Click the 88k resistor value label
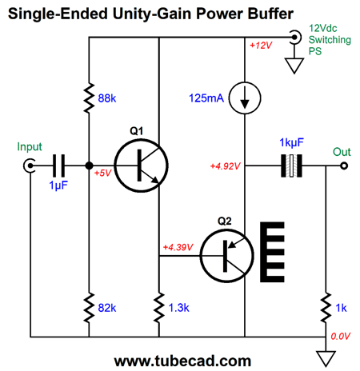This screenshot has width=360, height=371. [107, 98]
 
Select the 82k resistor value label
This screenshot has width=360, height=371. [107, 308]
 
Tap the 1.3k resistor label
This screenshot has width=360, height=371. [178, 308]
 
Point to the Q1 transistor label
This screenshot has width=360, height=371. [137, 131]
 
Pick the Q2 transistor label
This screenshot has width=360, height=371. [225, 221]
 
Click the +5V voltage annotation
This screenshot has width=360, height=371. [102, 173]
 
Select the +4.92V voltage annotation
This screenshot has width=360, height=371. [226, 166]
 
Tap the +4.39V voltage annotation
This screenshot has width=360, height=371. [178, 247]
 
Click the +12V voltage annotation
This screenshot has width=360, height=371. [261, 46]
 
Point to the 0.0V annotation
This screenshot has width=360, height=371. [340, 337]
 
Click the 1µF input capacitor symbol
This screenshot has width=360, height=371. [58, 166]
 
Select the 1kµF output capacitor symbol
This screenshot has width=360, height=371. [291, 166]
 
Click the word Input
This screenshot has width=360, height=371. [30, 147]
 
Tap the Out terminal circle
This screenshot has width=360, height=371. [344, 166]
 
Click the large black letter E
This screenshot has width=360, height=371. [272, 252]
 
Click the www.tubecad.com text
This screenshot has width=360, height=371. [182, 361]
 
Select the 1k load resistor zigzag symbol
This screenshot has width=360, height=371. [326, 308]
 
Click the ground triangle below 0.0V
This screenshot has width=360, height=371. [326, 359]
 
